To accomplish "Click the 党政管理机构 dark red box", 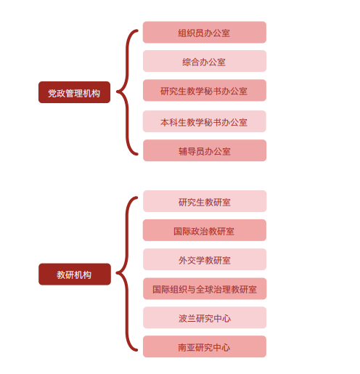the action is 74,92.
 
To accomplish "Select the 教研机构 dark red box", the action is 75,275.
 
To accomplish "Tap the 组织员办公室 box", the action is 205,32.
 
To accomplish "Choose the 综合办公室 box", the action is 205,61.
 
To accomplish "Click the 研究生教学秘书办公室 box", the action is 205,90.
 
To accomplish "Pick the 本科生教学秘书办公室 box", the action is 205,121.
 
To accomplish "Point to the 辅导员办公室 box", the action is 205,150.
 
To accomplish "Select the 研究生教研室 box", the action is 205,201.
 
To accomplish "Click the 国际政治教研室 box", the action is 205,230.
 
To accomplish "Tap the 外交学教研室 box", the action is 205,259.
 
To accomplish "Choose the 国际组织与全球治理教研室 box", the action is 205,288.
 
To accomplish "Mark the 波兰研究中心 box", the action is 205,317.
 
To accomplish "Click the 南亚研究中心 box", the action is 205,346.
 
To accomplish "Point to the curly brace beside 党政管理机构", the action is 126,92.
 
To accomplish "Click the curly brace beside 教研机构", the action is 126,273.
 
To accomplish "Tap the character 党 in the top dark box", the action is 52,93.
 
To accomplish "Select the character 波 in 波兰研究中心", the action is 183,319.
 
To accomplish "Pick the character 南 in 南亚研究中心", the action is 182,348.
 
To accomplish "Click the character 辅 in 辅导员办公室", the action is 183,152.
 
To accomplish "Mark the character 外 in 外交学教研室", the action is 183,261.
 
